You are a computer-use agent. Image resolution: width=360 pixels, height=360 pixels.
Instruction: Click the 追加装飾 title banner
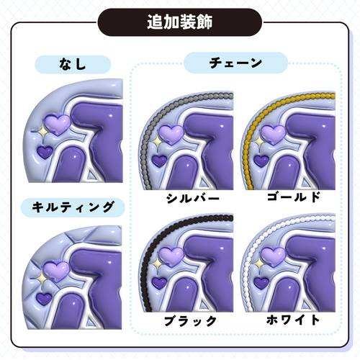[179, 22]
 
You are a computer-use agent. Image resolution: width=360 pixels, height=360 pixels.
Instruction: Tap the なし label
[73, 64]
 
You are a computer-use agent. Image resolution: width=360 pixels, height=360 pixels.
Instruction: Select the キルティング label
[73, 207]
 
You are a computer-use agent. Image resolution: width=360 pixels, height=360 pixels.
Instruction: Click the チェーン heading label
[235, 63]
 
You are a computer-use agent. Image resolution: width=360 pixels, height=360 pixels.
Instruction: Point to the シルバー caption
[193, 199]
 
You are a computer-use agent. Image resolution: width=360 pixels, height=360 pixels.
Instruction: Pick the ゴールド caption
[294, 197]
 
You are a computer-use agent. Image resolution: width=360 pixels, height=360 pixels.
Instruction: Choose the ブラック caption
[190, 321]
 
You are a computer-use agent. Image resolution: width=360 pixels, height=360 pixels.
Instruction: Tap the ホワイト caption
[293, 320]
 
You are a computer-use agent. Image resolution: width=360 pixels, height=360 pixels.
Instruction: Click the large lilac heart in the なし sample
[58, 125]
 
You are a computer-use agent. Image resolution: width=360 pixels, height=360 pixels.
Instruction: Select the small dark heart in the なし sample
[45, 152]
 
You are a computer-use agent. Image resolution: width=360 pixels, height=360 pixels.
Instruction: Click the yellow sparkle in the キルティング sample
[42, 279]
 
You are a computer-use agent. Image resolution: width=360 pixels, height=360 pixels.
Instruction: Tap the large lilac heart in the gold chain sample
[273, 135]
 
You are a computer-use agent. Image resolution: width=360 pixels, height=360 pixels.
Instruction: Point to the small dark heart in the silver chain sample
[160, 161]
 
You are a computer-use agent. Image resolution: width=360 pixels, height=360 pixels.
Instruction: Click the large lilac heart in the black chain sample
[171, 257]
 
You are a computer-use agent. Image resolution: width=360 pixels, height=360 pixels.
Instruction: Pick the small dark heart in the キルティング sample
[44, 299]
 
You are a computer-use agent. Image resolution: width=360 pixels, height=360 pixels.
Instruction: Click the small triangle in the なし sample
[91, 174]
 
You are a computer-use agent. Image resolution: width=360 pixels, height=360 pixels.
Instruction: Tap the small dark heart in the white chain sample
[261, 283]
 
